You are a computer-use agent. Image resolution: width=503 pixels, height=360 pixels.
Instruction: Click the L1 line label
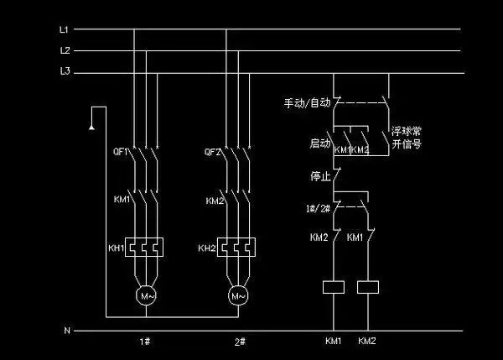click(x=64, y=29)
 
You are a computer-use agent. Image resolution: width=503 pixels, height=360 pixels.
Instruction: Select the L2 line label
click(x=64, y=50)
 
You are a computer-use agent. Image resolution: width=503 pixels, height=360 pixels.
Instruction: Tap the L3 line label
click(x=64, y=73)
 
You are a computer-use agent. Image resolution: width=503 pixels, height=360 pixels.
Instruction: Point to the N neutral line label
click(x=66, y=331)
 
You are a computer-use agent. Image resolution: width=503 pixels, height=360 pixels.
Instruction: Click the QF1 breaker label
click(x=121, y=153)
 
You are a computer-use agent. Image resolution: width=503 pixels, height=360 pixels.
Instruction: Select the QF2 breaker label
click(x=213, y=153)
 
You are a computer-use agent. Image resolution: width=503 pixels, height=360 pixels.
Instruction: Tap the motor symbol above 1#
click(x=146, y=295)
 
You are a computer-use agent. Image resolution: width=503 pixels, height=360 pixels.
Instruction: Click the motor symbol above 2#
click(x=238, y=295)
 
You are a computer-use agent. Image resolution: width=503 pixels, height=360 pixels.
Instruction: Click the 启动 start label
click(x=319, y=144)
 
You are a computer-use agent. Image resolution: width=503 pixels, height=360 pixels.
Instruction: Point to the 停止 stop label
click(x=319, y=177)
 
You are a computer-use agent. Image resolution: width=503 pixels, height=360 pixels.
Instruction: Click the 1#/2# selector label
click(x=317, y=207)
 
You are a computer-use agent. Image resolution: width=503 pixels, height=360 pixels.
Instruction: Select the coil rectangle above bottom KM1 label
click(x=334, y=287)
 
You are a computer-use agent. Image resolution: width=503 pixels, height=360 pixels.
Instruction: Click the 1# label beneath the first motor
click(x=145, y=342)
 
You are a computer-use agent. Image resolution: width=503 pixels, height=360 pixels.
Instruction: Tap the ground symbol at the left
click(x=89, y=127)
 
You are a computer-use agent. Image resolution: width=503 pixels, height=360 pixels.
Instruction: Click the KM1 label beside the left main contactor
click(x=122, y=201)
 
